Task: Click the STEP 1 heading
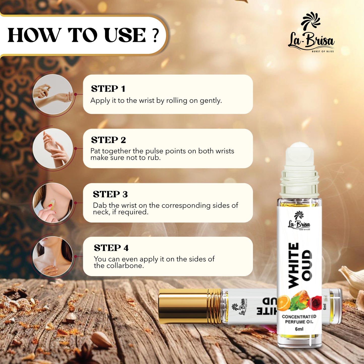tap(108, 89)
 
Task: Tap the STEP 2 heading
tap(108, 140)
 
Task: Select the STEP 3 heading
tap(110, 194)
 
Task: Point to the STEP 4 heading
tap(111, 248)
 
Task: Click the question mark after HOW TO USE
tap(155, 35)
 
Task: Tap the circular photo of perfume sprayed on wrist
tap(53, 94)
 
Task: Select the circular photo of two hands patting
tap(53, 148)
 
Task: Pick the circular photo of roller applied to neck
tap(53, 203)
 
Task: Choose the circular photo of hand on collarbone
tap(53, 256)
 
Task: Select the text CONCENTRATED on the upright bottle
tap(299, 317)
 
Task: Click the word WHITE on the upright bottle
tap(293, 266)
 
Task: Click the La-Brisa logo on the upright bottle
tap(299, 221)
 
